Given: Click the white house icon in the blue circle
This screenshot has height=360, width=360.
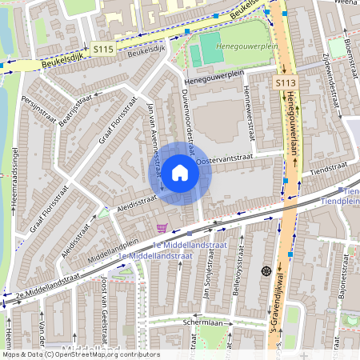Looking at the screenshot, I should (x=180, y=173).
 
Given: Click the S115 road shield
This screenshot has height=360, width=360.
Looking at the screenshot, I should (x=102, y=49).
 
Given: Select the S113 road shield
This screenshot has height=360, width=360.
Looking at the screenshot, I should (x=285, y=83).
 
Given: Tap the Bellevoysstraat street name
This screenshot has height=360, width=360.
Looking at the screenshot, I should (x=238, y=277).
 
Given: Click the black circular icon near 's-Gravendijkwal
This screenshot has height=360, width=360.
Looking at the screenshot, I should (x=266, y=271).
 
